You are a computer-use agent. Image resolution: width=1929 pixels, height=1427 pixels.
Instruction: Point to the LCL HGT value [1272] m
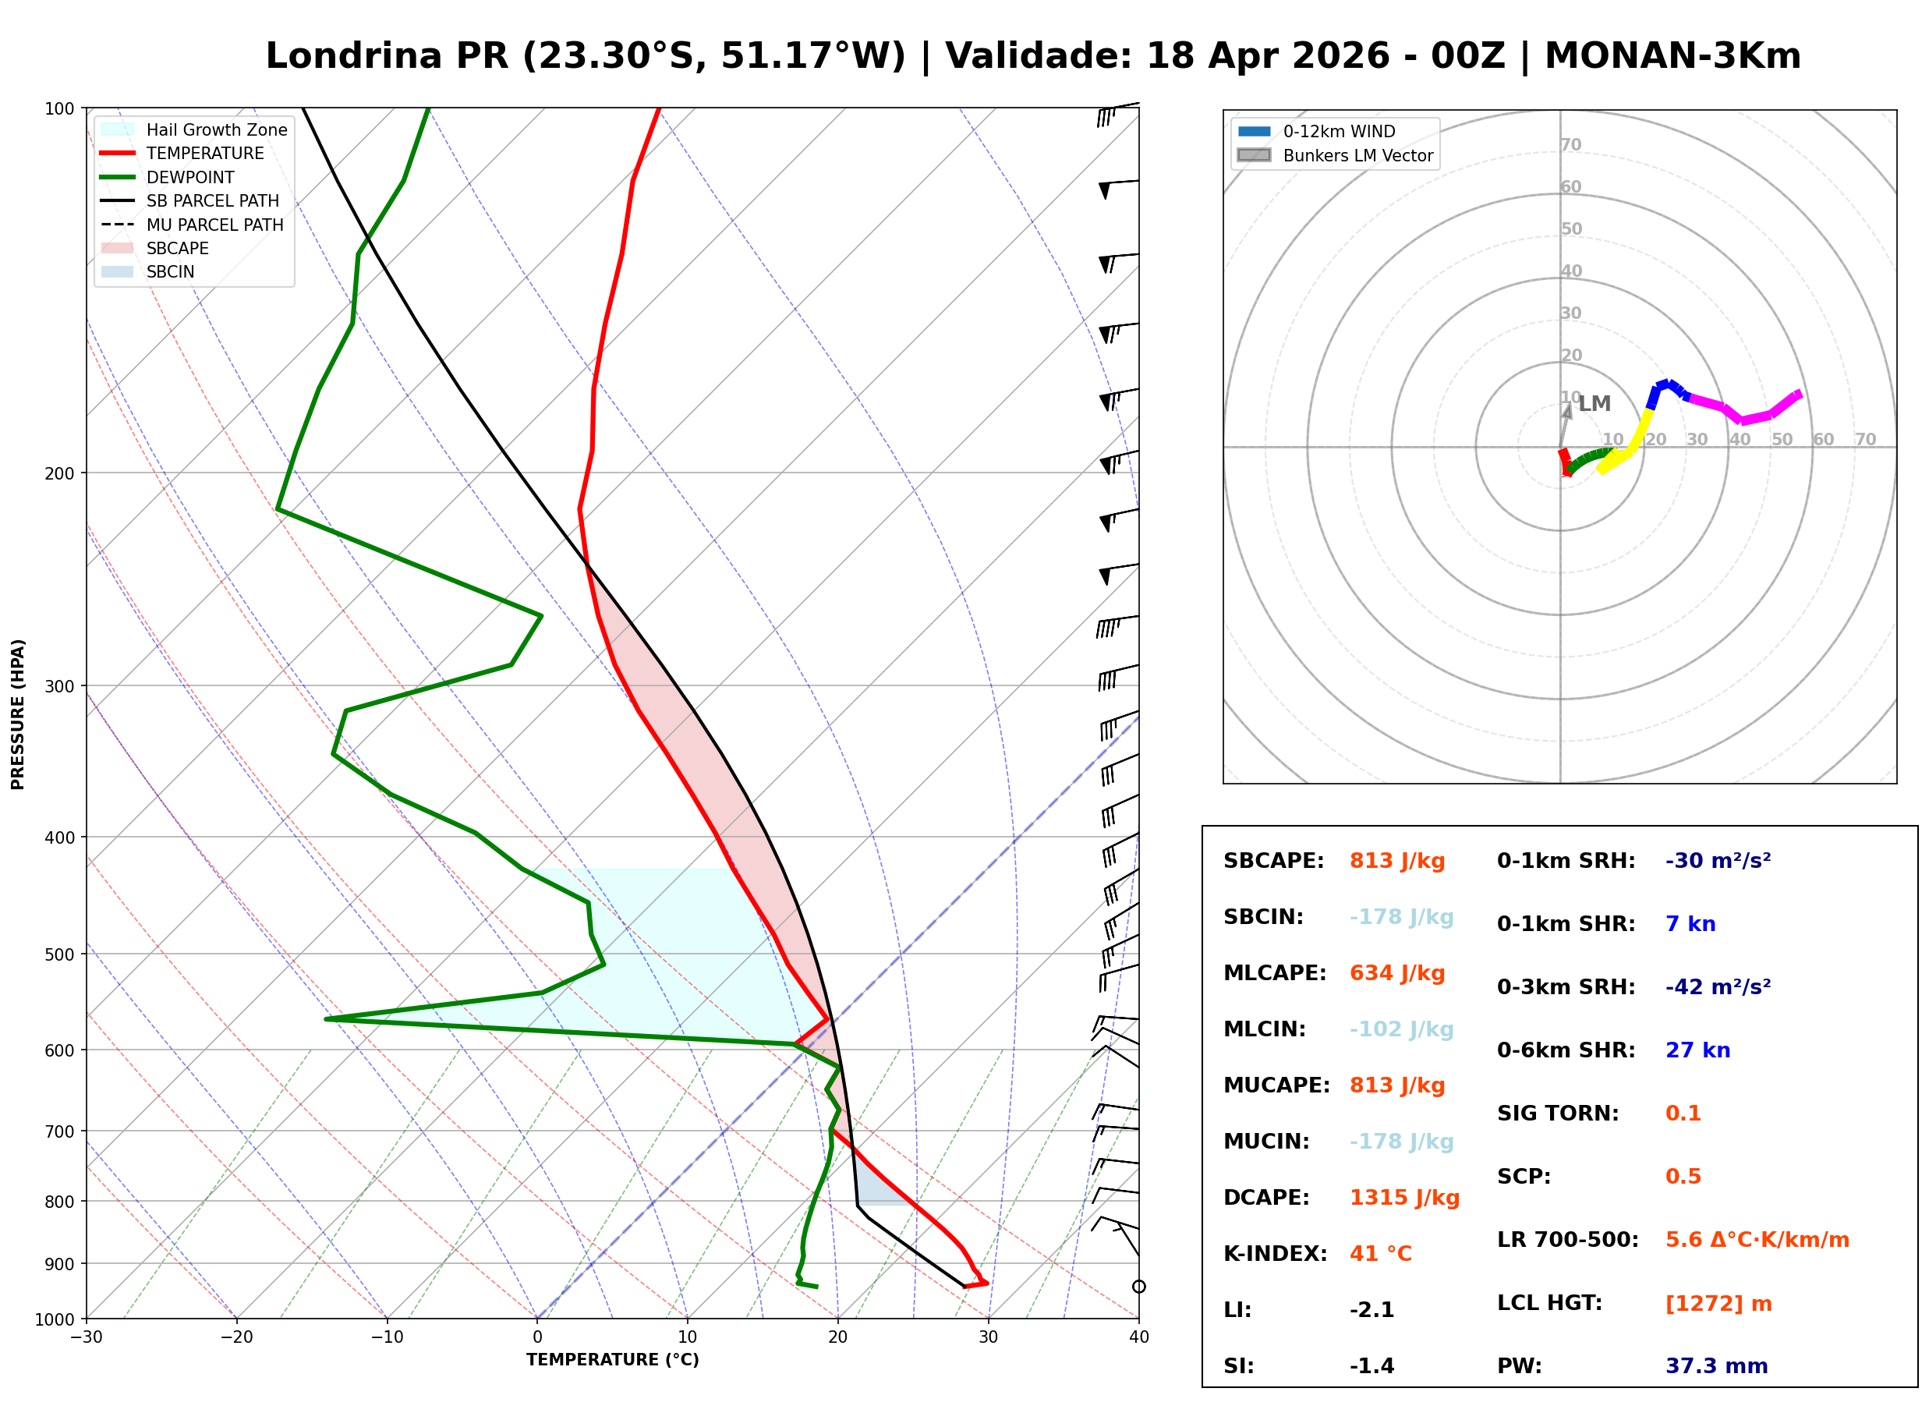coord(1718,1304)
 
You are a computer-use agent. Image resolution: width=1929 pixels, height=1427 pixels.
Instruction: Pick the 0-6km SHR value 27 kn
coord(1697,1050)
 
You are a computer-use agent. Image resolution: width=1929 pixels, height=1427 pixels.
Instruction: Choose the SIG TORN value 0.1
coord(1683,1114)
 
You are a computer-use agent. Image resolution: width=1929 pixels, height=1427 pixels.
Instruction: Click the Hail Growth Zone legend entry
coord(216,129)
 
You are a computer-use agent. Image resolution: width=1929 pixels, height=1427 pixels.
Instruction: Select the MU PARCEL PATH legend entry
coord(214,225)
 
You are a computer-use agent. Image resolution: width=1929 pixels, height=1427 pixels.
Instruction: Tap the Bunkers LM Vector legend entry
coord(1357,155)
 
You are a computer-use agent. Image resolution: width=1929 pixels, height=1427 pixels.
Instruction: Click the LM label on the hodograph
coord(1594,403)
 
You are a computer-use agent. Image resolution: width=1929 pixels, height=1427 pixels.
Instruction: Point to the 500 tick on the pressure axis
coord(58,954)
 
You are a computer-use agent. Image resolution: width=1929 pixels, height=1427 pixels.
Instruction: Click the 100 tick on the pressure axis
coord(58,108)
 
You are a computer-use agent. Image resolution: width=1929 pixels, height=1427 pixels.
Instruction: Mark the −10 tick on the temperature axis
coord(386,1337)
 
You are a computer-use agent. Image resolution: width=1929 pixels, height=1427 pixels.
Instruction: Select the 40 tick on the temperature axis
coord(1138,1337)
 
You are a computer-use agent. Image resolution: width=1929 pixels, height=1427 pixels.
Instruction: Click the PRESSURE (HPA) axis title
coord(17,714)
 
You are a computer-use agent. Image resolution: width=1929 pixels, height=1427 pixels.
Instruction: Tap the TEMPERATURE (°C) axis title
coord(612,1360)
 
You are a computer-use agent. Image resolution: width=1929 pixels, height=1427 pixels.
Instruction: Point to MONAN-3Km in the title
coord(1672,56)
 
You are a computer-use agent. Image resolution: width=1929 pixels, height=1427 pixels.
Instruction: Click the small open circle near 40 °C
coord(1139,1287)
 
